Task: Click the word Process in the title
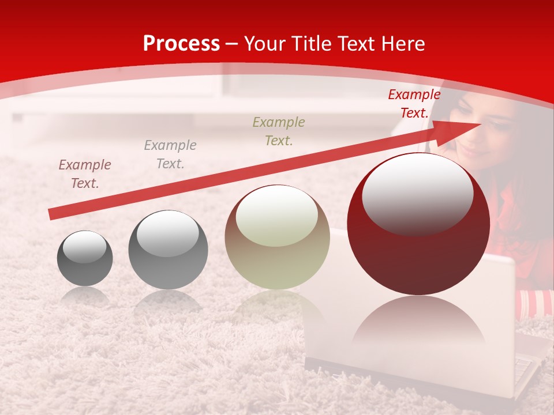point(181,44)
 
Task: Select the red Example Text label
point(414,104)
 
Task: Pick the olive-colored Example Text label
point(279,131)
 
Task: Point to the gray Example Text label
point(170,154)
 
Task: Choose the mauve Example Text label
point(85,173)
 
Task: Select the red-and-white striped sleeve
point(536,304)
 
